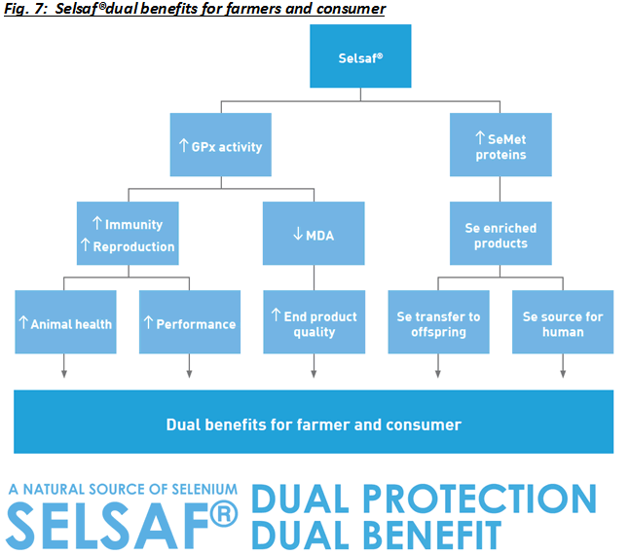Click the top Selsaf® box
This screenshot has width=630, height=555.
point(360,55)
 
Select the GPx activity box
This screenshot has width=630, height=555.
point(220,145)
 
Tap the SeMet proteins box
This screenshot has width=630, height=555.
point(500,145)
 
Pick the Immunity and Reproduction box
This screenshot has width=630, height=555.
point(127,234)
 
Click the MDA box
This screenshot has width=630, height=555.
point(314,234)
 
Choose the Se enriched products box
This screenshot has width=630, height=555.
point(500,234)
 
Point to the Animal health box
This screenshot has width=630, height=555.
point(64,322)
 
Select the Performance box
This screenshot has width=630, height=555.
point(189,322)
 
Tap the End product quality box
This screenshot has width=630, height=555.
point(314,322)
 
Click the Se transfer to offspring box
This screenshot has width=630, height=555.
point(438,322)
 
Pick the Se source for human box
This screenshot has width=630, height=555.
point(563,322)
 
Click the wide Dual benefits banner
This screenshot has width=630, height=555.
point(314,423)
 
